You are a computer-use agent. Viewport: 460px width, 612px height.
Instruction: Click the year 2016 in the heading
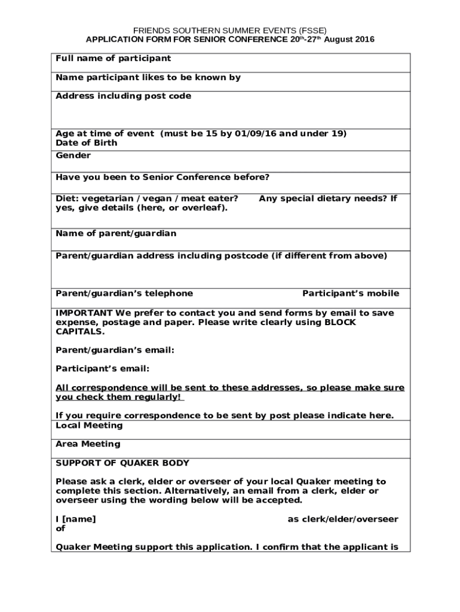364,39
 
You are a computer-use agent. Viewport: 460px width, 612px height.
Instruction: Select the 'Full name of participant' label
113,59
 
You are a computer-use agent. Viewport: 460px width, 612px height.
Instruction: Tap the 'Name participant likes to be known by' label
148,78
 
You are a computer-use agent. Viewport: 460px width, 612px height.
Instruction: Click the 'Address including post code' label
123,96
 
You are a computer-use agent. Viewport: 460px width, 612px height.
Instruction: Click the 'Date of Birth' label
87,143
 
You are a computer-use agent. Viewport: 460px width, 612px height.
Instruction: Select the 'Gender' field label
73,155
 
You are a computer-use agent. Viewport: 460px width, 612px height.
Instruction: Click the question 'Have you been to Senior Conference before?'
162,178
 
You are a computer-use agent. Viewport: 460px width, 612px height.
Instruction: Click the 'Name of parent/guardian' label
116,234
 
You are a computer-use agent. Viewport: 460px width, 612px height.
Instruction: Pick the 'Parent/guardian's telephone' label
124,293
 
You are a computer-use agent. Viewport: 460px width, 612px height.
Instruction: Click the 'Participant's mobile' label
351,293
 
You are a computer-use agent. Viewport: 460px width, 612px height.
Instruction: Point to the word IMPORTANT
84,313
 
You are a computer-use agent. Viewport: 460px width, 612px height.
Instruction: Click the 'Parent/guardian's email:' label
115,350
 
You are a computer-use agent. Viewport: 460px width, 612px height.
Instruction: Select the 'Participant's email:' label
102,369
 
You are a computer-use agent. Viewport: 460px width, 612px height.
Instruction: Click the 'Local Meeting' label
89,426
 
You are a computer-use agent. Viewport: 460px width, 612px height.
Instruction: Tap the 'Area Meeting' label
88,444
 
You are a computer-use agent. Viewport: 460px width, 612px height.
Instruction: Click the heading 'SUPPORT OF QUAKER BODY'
122,463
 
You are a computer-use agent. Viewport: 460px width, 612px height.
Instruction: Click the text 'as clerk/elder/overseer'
343,519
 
